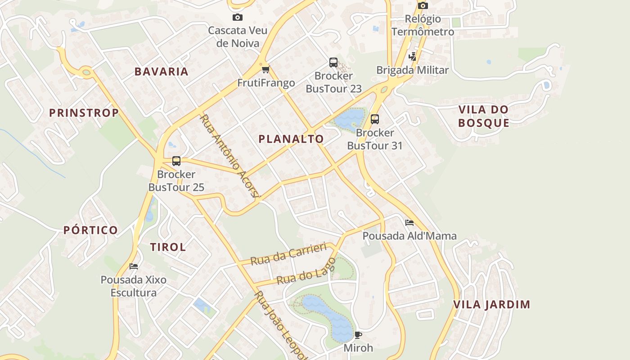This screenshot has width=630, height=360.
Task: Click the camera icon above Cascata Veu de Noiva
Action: pyautogui.click(x=237, y=18)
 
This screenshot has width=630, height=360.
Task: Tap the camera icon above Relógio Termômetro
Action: pyautogui.click(x=423, y=6)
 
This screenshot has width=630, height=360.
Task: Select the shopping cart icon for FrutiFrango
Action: pyautogui.click(x=265, y=69)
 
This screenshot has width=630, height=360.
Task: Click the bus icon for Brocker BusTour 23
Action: pyautogui.click(x=333, y=63)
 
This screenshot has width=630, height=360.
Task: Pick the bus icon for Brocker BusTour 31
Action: pyautogui.click(x=374, y=119)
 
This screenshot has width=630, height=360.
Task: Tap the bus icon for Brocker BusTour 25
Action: pyautogui.click(x=176, y=161)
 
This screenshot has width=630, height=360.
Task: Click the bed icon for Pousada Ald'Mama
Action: pyautogui.click(x=409, y=223)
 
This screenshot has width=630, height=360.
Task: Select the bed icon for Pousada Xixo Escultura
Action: pyautogui.click(x=133, y=266)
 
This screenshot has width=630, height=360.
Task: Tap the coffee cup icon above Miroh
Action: pyautogui.click(x=358, y=335)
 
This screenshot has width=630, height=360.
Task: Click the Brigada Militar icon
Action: pyautogui.click(x=412, y=57)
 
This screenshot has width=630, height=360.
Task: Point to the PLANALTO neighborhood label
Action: pyautogui.click(x=291, y=139)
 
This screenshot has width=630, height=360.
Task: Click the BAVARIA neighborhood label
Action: pyautogui.click(x=162, y=72)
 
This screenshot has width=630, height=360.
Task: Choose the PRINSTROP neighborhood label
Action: pyautogui.click(x=84, y=113)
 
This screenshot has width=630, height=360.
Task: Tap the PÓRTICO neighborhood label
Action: pyautogui.click(x=90, y=230)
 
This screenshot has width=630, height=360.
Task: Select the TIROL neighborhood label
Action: pyautogui.click(x=168, y=247)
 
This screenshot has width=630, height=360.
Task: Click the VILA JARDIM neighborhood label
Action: pyautogui.click(x=491, y=305)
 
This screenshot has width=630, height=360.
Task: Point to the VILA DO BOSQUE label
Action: pyautogui.click(x=484, y=116)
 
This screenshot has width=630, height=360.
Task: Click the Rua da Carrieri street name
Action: pyautogui.click(x=288, y=255)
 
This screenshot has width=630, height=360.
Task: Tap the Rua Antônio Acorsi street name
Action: pyautogui.click(x=230, y=156)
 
